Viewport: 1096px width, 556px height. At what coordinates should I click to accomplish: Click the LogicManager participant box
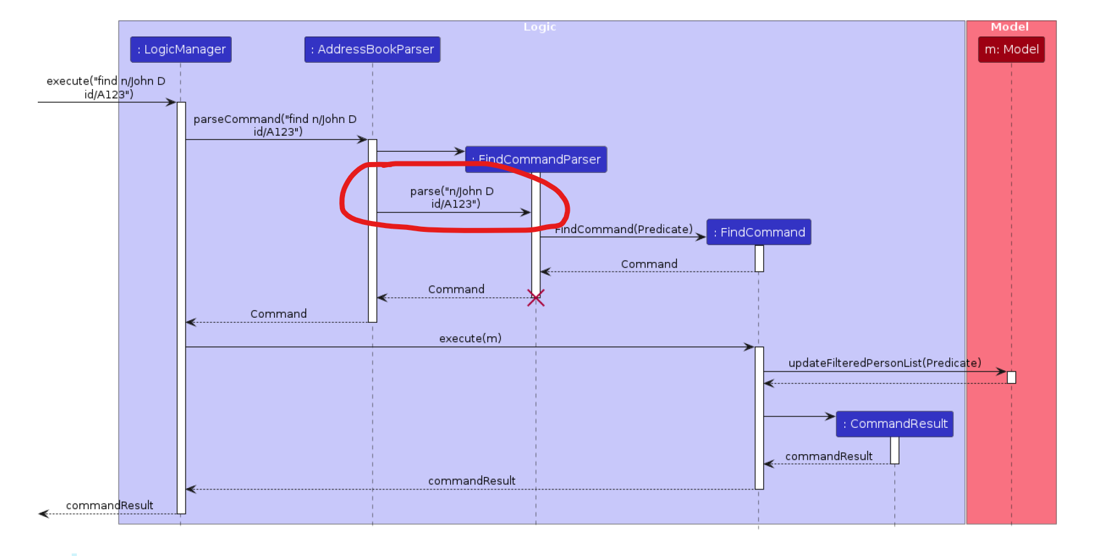tap(181, 49)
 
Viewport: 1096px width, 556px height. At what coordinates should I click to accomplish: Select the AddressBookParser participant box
tap(372, 49)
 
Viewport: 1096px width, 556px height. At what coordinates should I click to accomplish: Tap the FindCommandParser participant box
tap(536, 159)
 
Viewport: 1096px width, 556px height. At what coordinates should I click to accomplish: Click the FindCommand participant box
tap(759, 232)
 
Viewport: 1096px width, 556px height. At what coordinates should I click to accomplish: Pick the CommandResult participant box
tap(894, 423)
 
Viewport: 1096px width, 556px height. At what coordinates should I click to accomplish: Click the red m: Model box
tap(1011, 49)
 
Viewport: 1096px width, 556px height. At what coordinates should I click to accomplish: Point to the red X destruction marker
tap(536, 298)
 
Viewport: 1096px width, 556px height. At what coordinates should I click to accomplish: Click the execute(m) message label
tap(470, 338)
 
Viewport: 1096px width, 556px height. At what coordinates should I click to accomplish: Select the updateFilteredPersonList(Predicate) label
tap(884, 363)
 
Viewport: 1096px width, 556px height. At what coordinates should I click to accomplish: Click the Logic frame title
tap(540, 27)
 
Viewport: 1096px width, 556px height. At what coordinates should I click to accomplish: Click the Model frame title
tap(1010, 27)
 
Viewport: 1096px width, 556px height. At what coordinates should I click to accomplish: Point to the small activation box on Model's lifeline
tap(1011, 377)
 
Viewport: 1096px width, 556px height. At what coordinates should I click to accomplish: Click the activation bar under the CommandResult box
tap(894, 450)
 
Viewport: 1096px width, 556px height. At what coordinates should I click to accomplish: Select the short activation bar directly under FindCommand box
tap(759, 258)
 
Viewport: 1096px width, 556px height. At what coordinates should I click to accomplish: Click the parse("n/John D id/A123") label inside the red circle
tap(453, 197)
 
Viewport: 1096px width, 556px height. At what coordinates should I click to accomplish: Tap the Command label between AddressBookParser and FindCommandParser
tap(456, 290)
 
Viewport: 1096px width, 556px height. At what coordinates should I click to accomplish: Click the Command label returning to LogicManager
tap(278, 314)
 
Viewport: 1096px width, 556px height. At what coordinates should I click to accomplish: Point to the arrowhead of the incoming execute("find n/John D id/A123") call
tap(171, 102)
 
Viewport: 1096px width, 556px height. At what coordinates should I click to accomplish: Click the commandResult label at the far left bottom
tap(109, 505)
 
